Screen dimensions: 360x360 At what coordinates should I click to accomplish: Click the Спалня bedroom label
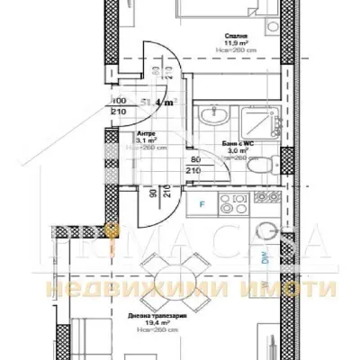tap(237, 37)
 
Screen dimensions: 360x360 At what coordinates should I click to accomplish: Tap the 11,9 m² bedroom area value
tap(237, 45)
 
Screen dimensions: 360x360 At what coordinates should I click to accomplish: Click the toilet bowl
tap(255, 167)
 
